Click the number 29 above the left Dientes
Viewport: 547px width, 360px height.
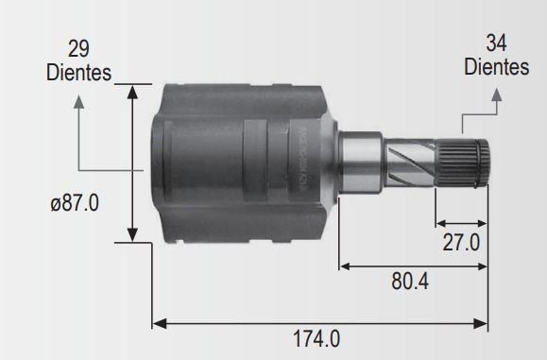coord(78,49)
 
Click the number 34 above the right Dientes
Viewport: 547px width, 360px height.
coord(496,43)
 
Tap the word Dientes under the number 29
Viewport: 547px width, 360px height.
coord(78,73)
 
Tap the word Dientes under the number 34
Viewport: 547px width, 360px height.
coord(496,67)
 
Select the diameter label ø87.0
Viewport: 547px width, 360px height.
coord(75,203)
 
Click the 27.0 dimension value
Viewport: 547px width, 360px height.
coord(461,243)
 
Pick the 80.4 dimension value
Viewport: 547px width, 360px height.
coord(410,282)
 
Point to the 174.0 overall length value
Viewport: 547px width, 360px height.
coord(316,338)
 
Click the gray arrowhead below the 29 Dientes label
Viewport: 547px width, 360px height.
coord(79,101)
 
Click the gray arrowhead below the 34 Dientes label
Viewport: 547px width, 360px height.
coord(497,94)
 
